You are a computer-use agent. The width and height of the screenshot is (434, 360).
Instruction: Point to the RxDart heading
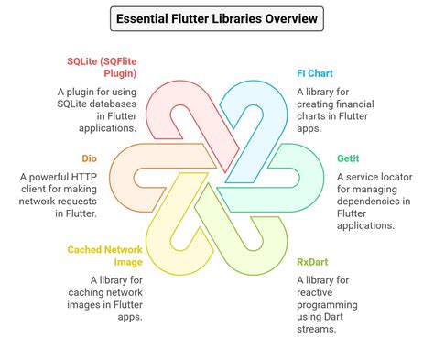[312, 261]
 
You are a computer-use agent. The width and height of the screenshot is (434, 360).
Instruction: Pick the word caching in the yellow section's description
[110, 291]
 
